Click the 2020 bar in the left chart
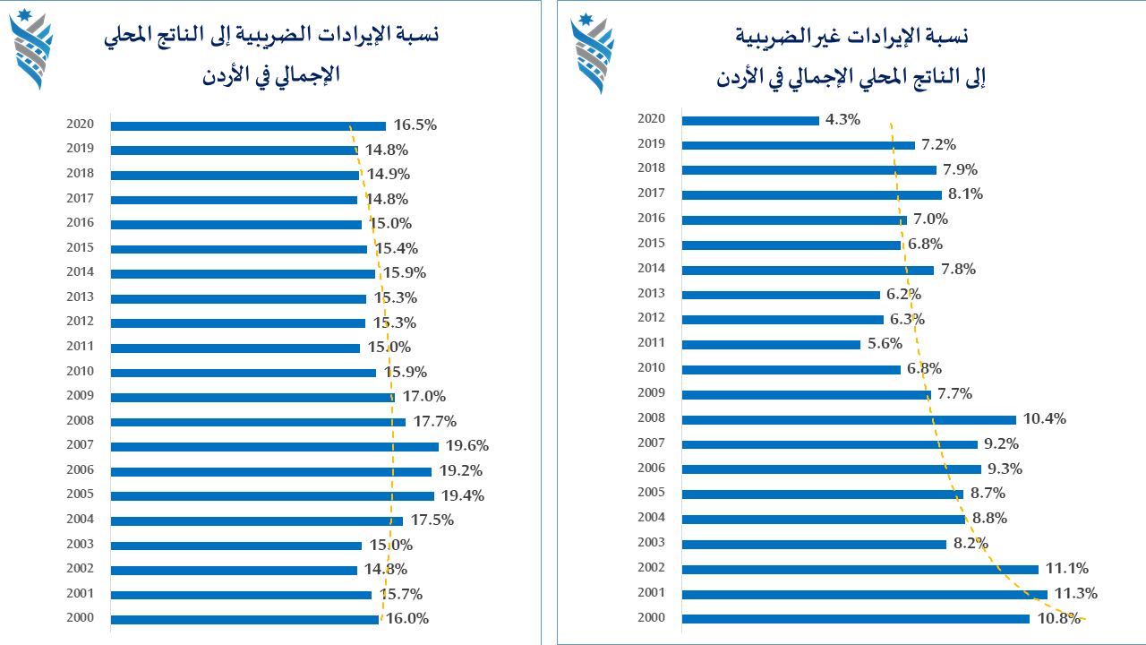(248, 126)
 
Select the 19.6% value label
(467, 445)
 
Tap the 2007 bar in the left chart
(275, 447)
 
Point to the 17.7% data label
(435, 421)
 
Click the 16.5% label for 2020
(415, 125)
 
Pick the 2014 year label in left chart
(80, 271)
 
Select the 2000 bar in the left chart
(244, 619)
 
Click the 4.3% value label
(842, 119)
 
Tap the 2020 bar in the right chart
(750, 121)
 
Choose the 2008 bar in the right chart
(849, 420)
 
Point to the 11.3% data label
(1076, 593)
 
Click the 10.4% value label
(1045, 418)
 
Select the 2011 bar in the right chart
(771, 345)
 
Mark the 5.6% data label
(885, 343)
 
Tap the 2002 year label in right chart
(651, 567)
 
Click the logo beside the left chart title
(31, 49)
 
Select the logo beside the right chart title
(593, 54)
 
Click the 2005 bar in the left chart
(273, 496)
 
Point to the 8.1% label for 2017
(965, 194)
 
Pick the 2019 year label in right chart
(651, 143)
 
